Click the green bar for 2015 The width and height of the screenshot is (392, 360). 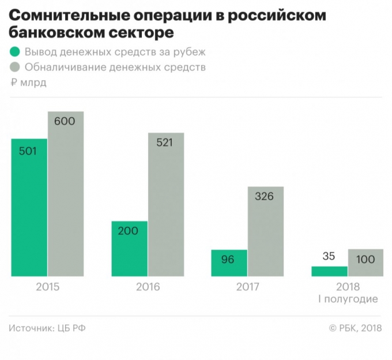point(29,208)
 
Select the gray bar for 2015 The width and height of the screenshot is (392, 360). point(66,194)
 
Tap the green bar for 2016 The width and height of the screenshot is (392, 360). point(130,249)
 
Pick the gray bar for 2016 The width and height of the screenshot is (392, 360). point(165,205)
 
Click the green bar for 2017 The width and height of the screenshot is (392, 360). point(229,263)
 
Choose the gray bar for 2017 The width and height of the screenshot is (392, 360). point(265,231)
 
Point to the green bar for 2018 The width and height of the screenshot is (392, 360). point(329,271)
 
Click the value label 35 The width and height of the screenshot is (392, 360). point(329,256)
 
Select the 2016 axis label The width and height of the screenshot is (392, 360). point(148,287)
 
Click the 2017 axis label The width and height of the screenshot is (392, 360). point(247,287)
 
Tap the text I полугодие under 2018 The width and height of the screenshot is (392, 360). point(348,299)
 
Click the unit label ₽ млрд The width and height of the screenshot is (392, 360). point(28,82)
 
